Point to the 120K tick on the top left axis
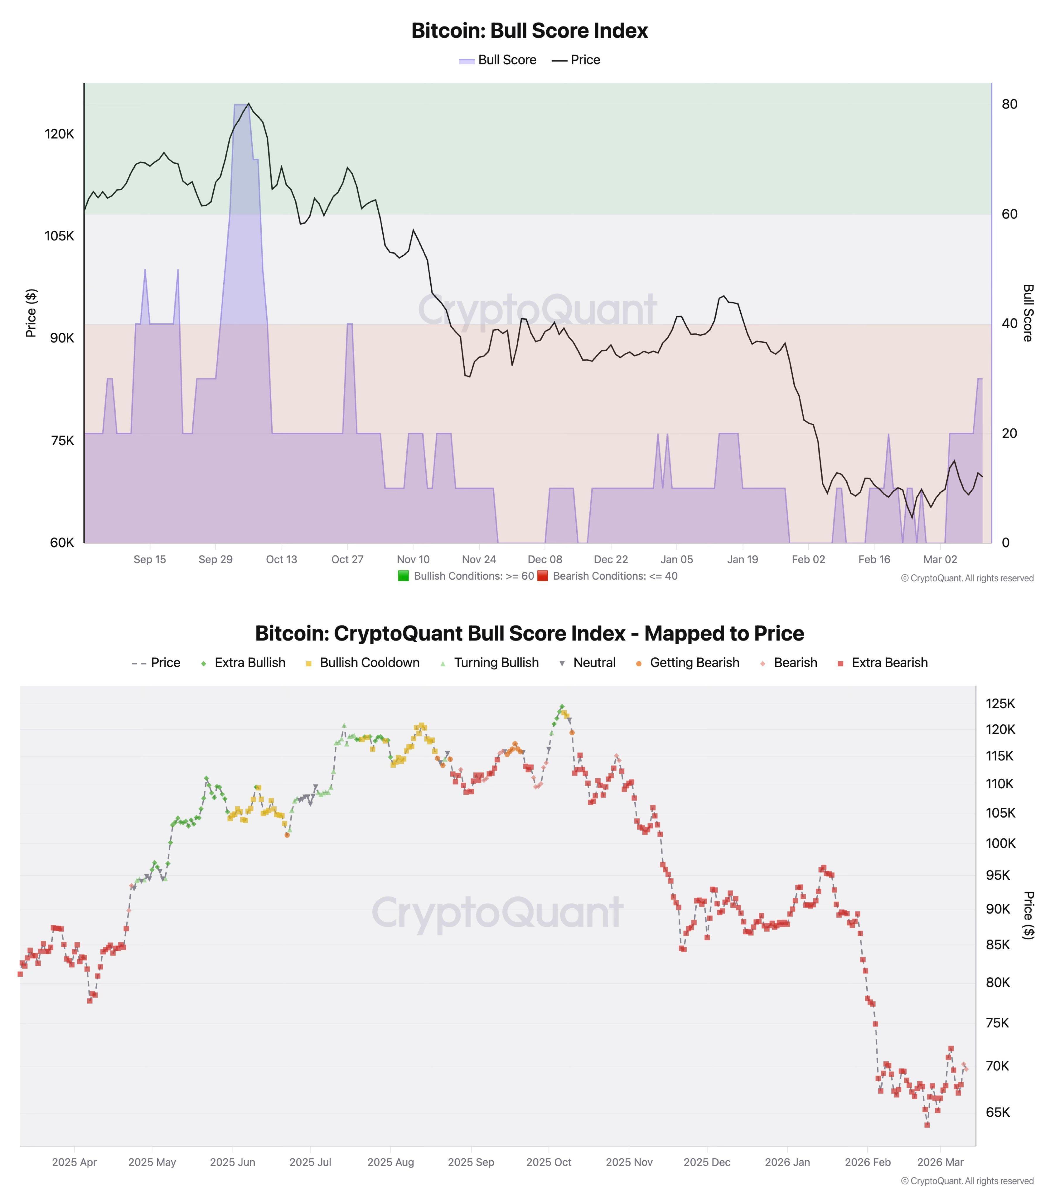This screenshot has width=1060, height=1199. click(x=59, y=134)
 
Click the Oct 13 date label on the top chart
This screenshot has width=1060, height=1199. click(x=282, y=559)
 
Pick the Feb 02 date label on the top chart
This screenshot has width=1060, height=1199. click(x=808, y=559)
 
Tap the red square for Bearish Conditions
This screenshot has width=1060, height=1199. click(x=543, y=576)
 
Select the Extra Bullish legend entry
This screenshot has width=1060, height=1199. click(x=243, y=662)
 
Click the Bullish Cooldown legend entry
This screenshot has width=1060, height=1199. click(x=362, y=662)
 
